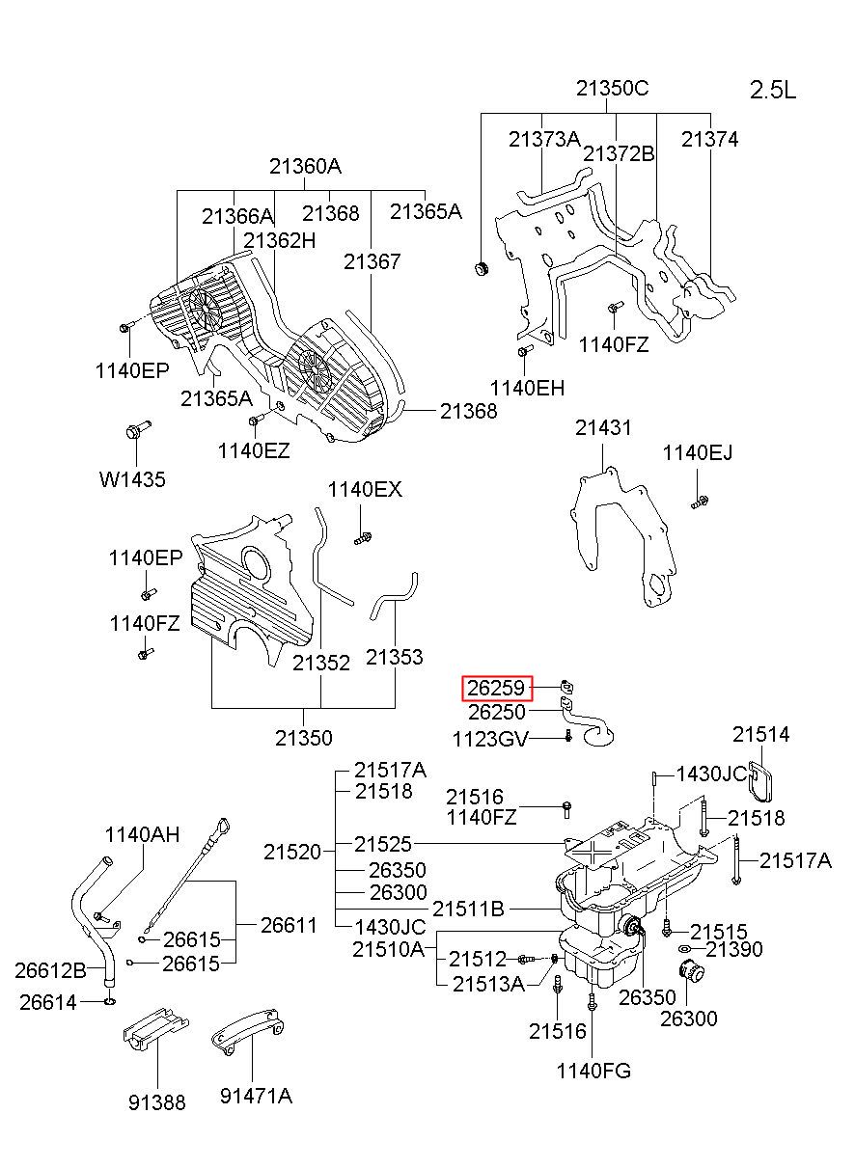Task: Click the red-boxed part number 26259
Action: [x=497, y=689]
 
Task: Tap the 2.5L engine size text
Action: [x=773, y=91]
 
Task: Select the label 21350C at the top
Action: [x=612, y=88]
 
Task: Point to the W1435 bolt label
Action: [x=132, y=479]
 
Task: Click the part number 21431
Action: [x=603, y=427]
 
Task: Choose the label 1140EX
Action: [x=365, y=489]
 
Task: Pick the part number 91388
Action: [x=157, y=1101]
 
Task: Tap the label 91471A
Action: [x=256, y=1096]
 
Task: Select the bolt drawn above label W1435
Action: [x=138, y=429]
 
